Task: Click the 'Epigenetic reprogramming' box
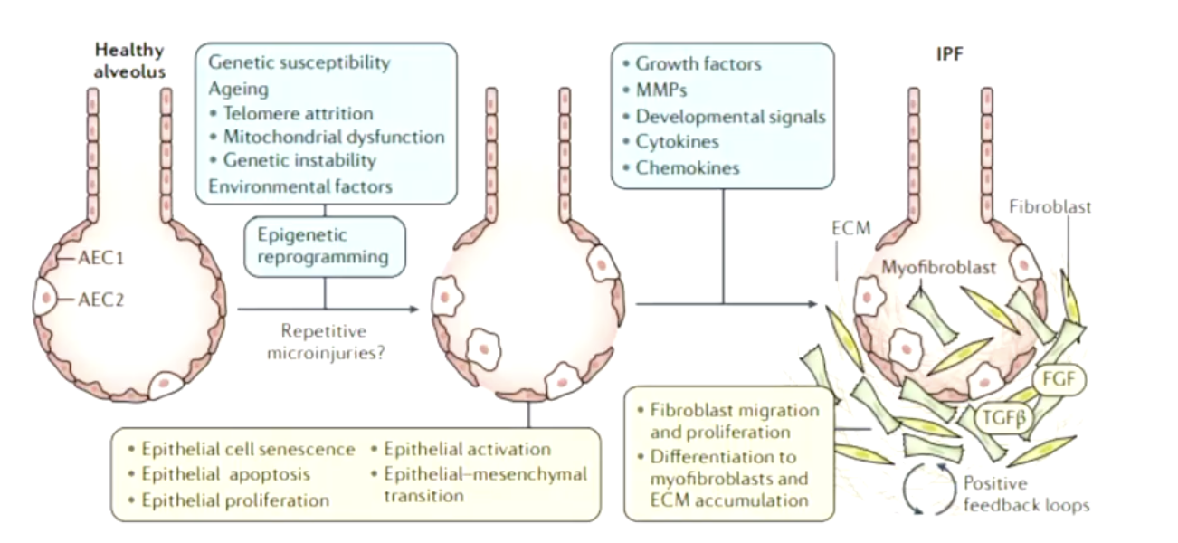(324, 245)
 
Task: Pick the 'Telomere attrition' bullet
(297, 113)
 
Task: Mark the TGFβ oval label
(1005, 416)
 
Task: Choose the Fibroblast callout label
(1050, 206)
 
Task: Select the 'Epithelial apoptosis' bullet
(226, 473)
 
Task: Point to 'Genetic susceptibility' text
(299, 63)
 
